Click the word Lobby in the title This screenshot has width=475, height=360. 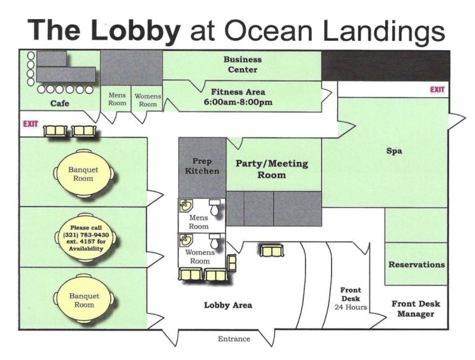click(134, 29)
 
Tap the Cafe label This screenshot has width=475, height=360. click(60, 104)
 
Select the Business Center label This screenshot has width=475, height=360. click(242, 65)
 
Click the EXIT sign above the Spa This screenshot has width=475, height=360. click(437, 90)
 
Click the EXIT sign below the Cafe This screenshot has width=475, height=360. click(30, 124)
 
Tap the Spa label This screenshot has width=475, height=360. click(395, 150)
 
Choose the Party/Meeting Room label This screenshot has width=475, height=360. click(272, 169)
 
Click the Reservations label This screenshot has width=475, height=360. click(416, 265)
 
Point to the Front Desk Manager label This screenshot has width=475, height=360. click(416, 309)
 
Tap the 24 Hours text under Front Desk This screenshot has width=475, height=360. click(351, 307)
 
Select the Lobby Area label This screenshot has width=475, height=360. click(228, 305)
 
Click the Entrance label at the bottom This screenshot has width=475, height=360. click(234, 339)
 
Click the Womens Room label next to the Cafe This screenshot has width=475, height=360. click(147, 100)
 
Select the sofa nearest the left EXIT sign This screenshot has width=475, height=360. click(58, 131)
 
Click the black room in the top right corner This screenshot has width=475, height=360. click(385, 66)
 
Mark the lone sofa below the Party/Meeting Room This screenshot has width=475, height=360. click(271, 251)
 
